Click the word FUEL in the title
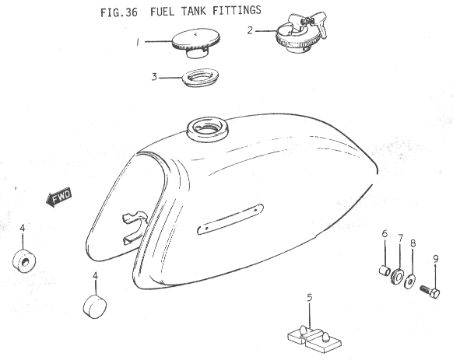162,12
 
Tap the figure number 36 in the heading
132,12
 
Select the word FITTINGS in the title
237,10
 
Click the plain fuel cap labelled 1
196,43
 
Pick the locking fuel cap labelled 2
300,33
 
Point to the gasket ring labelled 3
200,78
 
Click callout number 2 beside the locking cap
250,30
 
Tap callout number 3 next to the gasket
155,77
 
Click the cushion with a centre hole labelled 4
24,260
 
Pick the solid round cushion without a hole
94,306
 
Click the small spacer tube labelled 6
385,271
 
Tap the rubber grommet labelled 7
398,276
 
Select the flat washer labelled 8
410,281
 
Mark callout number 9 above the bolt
436,259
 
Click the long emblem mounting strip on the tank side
230,219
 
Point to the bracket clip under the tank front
135,228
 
